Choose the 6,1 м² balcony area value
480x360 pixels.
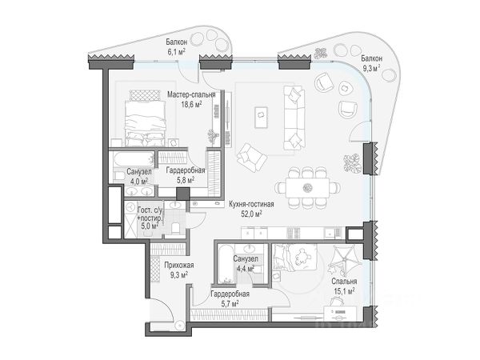[176, 50]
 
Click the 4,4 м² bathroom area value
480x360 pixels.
[244, 270]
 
